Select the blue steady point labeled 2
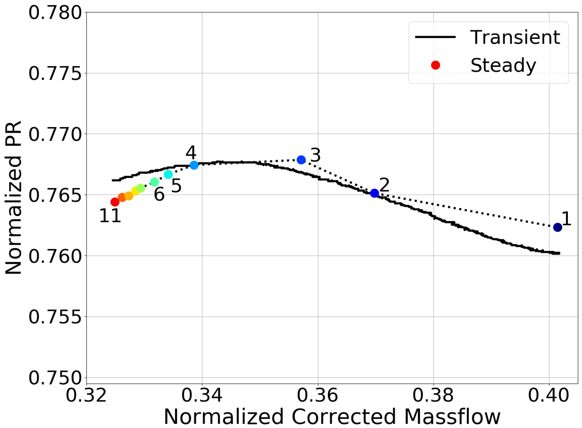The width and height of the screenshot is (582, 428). (x=374, y=193)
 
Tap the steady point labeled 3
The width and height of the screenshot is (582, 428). (x=301, y=160)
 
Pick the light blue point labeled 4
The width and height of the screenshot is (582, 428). (x=194, y=165)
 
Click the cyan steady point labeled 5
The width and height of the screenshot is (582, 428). (x=168, y=174)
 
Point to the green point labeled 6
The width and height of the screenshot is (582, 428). (x=154, y=182)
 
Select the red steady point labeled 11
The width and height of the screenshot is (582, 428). (x=115, y=202)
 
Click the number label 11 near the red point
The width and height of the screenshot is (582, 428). (x=110, y=216)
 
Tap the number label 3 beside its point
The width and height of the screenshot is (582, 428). (x=316, y=155)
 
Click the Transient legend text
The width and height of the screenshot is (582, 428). (x=515, y=38)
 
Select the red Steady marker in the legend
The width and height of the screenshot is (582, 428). (x=435, y=65)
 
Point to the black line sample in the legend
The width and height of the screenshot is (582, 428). (x=435, y=37)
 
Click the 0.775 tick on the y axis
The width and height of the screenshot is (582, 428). (x=55, y=73)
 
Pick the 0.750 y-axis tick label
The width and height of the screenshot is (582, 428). (x=55, y=378)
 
